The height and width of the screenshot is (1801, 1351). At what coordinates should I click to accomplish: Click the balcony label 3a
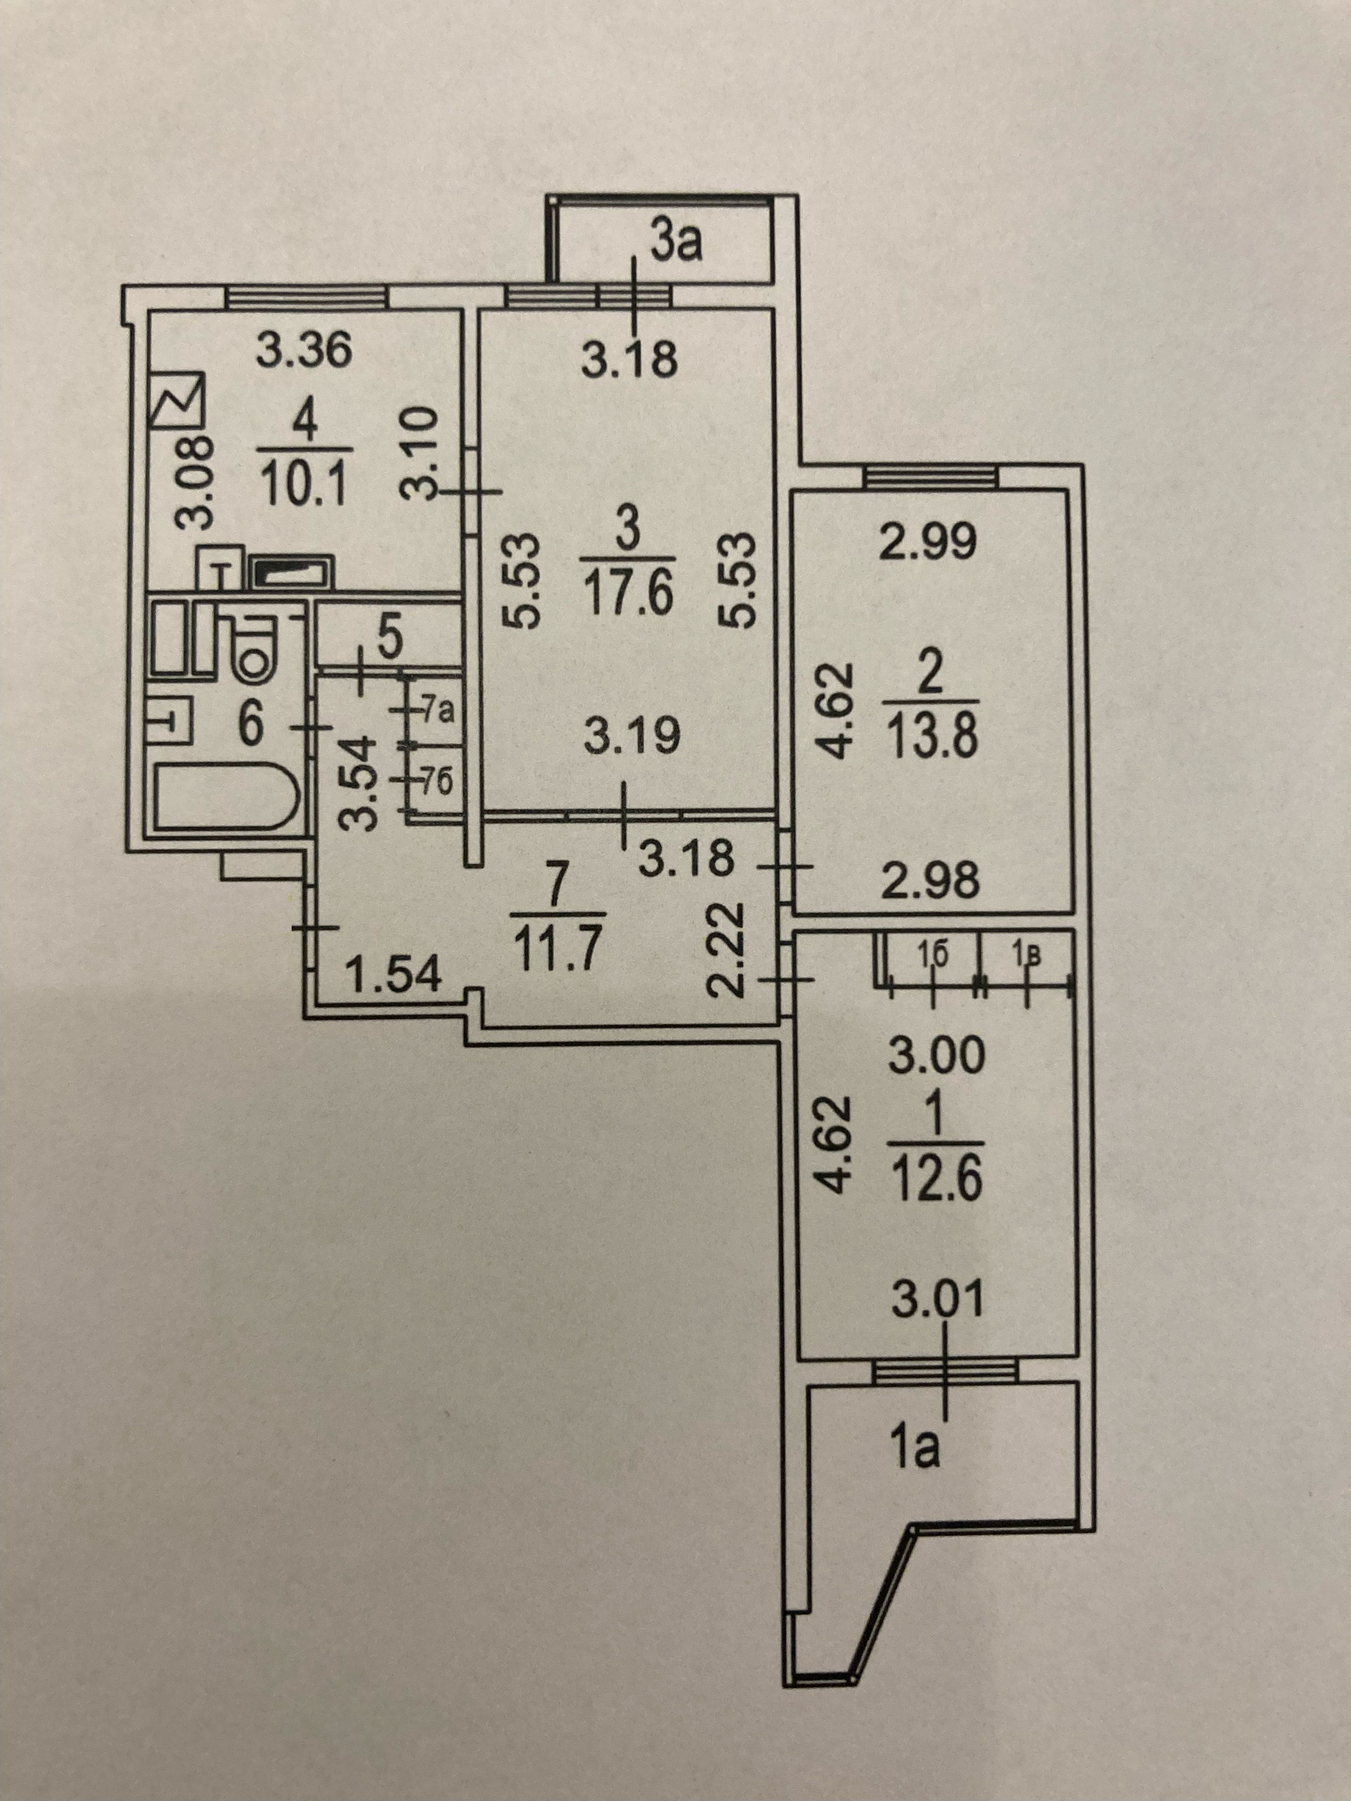tap(677, 243)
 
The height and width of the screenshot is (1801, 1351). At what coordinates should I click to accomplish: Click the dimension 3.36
tap(303, 352)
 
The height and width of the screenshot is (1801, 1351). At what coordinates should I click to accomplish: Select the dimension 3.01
tap(937, 1301)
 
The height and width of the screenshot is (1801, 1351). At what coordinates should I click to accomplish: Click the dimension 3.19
tap(632, 739)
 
